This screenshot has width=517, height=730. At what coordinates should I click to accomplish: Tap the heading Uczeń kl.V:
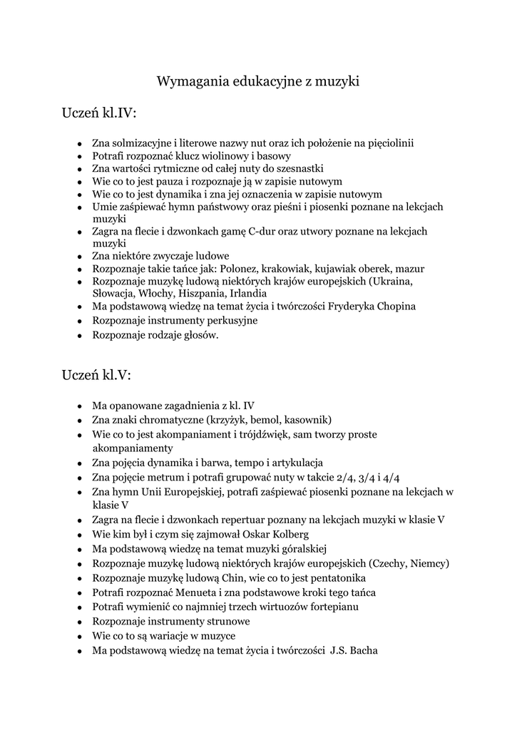[x=96, y=374]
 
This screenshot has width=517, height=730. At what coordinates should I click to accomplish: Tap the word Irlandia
[x=247, y=293]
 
